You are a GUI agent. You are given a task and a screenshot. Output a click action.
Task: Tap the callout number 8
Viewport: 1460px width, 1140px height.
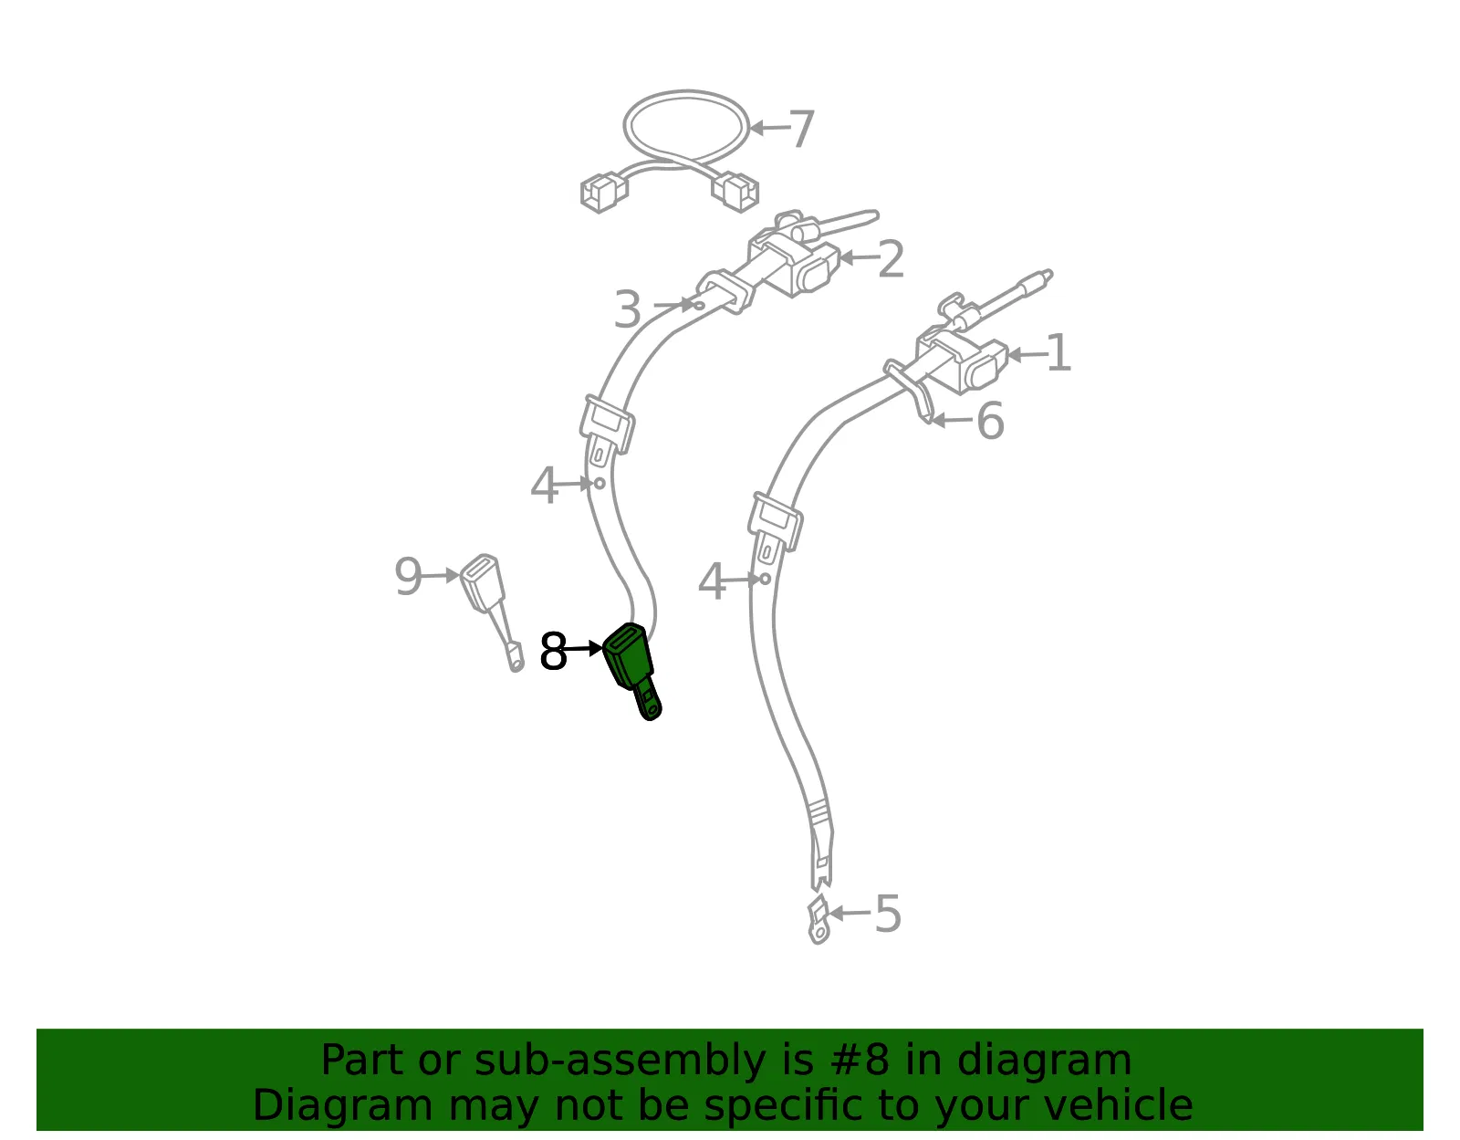pyautogui.click(x=553, y=651)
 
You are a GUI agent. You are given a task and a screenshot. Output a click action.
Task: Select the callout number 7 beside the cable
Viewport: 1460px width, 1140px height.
pyautogui.click(x=801, y=129)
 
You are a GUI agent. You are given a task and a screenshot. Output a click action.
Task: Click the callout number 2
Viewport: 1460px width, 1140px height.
pyautogui.click(x=891, y=258)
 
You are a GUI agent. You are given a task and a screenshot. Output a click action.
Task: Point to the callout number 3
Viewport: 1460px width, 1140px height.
pyautogui.click(x=628, y=309)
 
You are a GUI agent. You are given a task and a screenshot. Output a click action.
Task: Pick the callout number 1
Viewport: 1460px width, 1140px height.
pyautogui.click(x=1058, y=352)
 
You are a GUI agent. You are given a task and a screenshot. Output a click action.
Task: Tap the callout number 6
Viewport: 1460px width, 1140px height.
pyautogui.click(x=990, y=421)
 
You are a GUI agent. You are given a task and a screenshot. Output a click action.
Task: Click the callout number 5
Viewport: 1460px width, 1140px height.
pyautogui.click(x=888, y=914)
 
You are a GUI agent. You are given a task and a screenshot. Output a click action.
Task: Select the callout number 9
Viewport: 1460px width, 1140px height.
pyautogui.click(x=408, y=576)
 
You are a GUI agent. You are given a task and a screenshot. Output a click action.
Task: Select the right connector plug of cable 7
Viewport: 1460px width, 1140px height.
pyautogui.click(x=735, y=192)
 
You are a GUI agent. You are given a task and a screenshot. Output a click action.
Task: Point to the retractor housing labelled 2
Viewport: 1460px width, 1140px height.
pyautogui.click(x=793, y=262)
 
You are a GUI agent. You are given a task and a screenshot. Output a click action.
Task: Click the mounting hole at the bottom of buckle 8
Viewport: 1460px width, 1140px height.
pyautogui.click(x=651, y=708)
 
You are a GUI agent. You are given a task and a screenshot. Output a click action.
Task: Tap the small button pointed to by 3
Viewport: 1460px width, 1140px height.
pyautogui.click(x=699, y=306)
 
